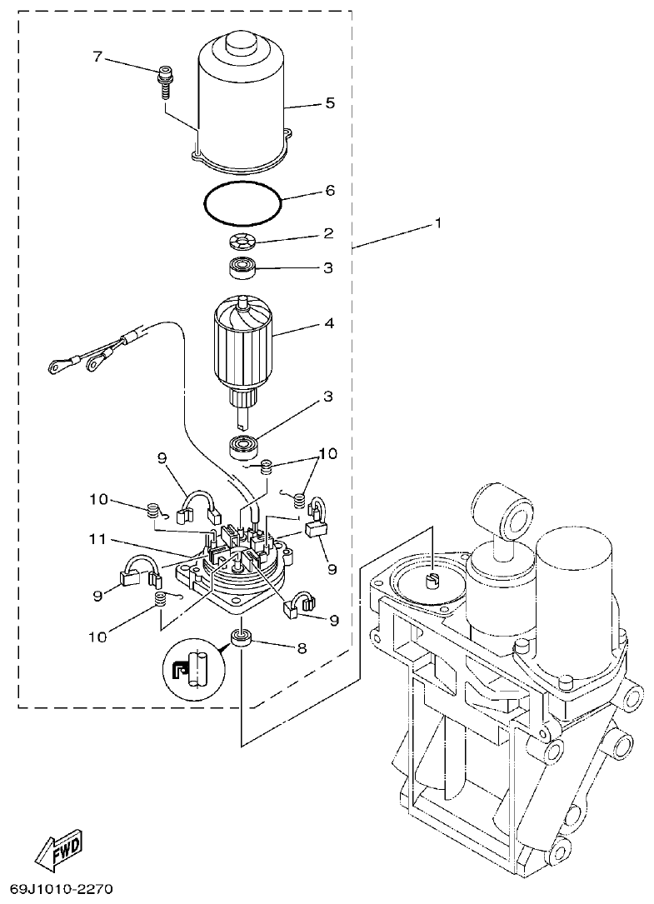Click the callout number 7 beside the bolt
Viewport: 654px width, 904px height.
pos(97,57)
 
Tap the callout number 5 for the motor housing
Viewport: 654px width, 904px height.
pos(330,104)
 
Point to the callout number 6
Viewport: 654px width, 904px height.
pos(330,191)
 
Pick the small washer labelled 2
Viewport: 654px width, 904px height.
pos(243,243)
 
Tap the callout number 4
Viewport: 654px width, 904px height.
pos(329,323)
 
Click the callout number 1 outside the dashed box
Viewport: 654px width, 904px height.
pos(438,224)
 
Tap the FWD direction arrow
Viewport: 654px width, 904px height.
pos(59,848)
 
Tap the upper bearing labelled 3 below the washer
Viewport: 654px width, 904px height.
pos(243,269)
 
